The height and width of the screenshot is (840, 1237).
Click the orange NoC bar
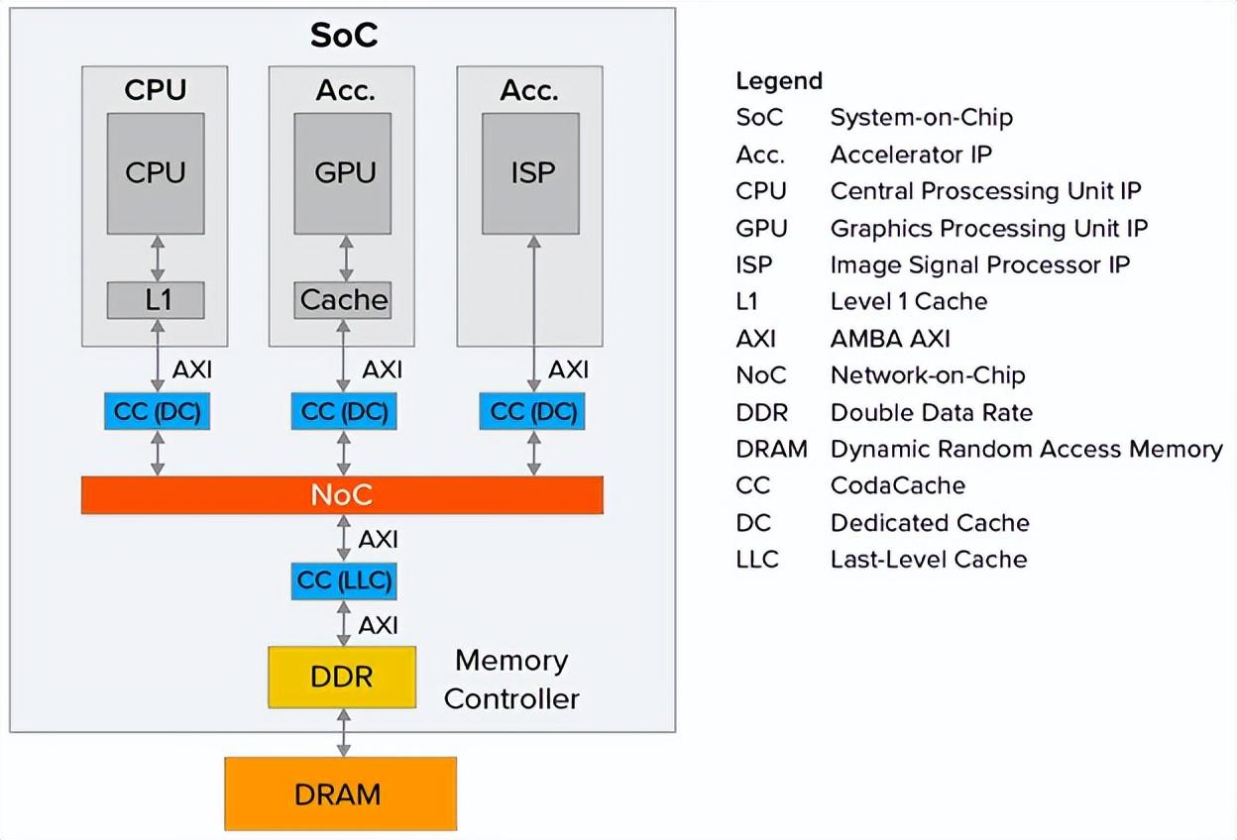(342, 495)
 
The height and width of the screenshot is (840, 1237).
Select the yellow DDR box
(342, 678)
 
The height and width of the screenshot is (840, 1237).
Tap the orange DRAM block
(340, 793)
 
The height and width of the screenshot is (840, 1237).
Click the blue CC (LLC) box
(344, 580)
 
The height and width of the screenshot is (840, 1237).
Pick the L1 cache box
(156, 300)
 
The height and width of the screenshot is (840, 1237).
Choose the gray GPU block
(342, 173)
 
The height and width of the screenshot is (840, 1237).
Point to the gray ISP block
(530, 173)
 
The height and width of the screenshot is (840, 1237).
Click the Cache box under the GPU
(342, 300)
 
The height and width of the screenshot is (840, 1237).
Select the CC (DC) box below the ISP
(532, 411)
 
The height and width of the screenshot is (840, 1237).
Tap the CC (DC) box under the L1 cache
(157, 411)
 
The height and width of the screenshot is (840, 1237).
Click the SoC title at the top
(344, 36)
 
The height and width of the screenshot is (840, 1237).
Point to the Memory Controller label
(511, 680)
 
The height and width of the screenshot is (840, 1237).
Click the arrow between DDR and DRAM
(344, 733)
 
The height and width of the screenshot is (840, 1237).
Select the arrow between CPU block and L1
(158, 259)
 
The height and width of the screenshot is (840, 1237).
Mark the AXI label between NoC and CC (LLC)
(379, 539)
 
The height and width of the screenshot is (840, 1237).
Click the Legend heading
(779, 81)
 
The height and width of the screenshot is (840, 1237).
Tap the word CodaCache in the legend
(898, 485)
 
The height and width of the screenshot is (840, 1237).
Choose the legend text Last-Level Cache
(929, 560)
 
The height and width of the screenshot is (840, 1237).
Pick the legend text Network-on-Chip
(928, 375)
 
